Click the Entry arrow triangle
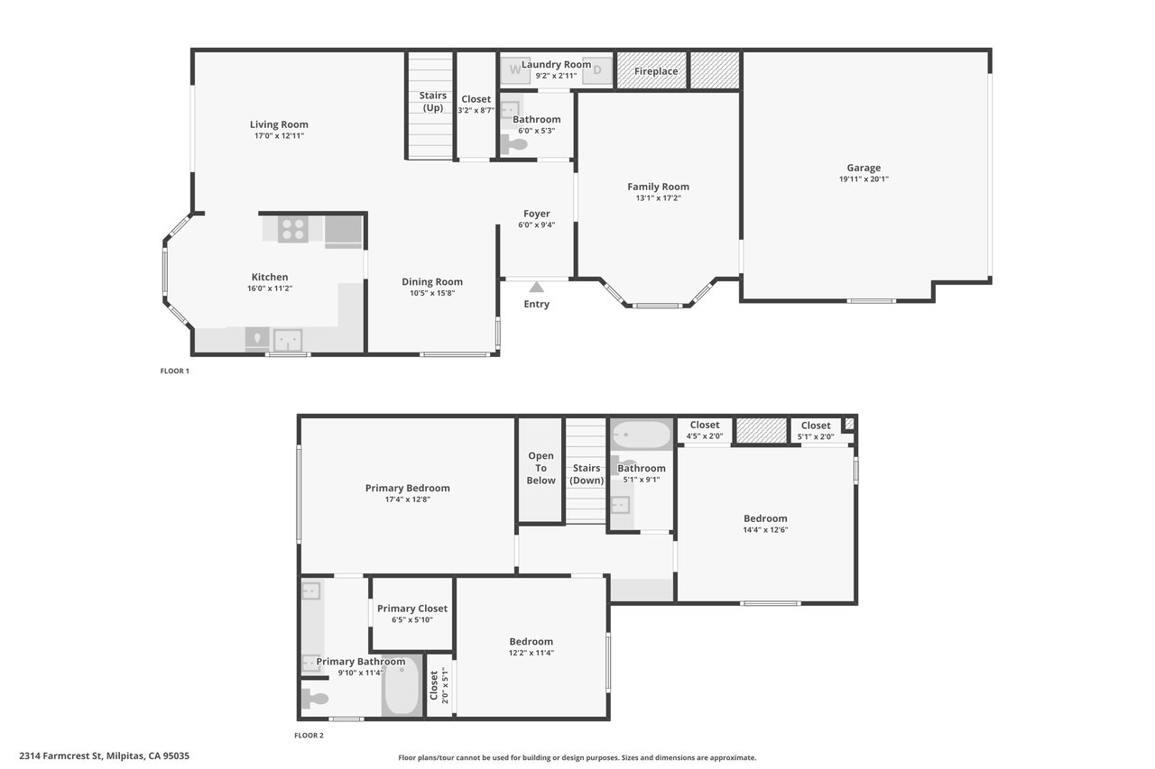[x=536, y=287]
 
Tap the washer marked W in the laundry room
[x=515, y=69]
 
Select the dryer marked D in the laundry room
[x=597, y=69]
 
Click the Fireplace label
[x=656, y=71]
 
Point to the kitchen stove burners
[x=293, y=229]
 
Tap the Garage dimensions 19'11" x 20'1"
[x=864, y=179]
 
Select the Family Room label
[x=658, y=187]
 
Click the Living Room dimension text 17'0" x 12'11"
[x=279, y=136]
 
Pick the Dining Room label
[x=432, y=282]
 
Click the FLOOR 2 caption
[x=309, y=735]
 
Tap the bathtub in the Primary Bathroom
[x=402, y=685]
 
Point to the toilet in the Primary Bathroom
[x=315, y=699]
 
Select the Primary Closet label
[x=412, y=609]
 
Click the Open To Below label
[x=541, y=468]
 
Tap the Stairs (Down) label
[x=587, y=474]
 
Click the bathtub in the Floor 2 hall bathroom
[x=642, y=435]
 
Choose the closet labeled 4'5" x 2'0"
[x=705, y=430]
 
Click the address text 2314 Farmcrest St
[x=60, y=755]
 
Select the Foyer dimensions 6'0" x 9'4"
[x=536, y=225]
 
